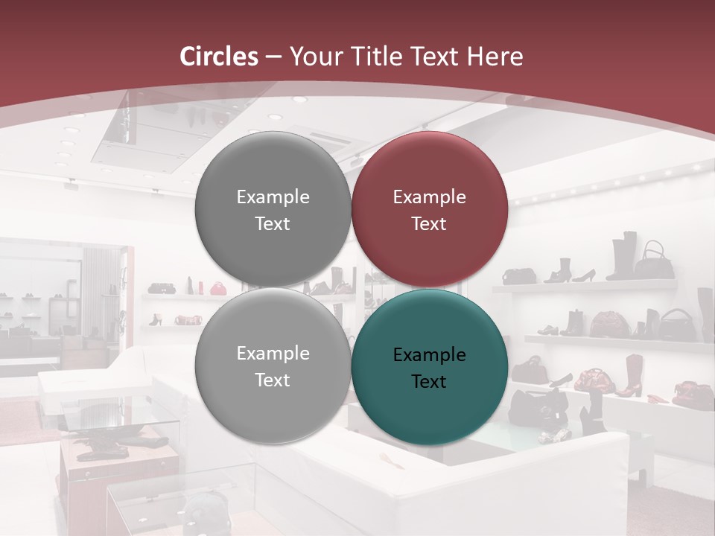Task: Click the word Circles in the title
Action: coord(219,57)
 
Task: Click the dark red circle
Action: coord(429,209)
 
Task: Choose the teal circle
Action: coord(429,367)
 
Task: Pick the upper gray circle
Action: coord(273,209)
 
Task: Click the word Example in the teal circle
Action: coord(429,355)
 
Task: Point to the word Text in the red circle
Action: coord(429,223)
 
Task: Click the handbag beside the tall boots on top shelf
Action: coord(655,261)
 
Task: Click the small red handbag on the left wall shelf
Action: coord(217,288)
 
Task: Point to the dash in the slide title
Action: coord(273,57)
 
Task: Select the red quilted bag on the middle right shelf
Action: coord(610,324)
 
